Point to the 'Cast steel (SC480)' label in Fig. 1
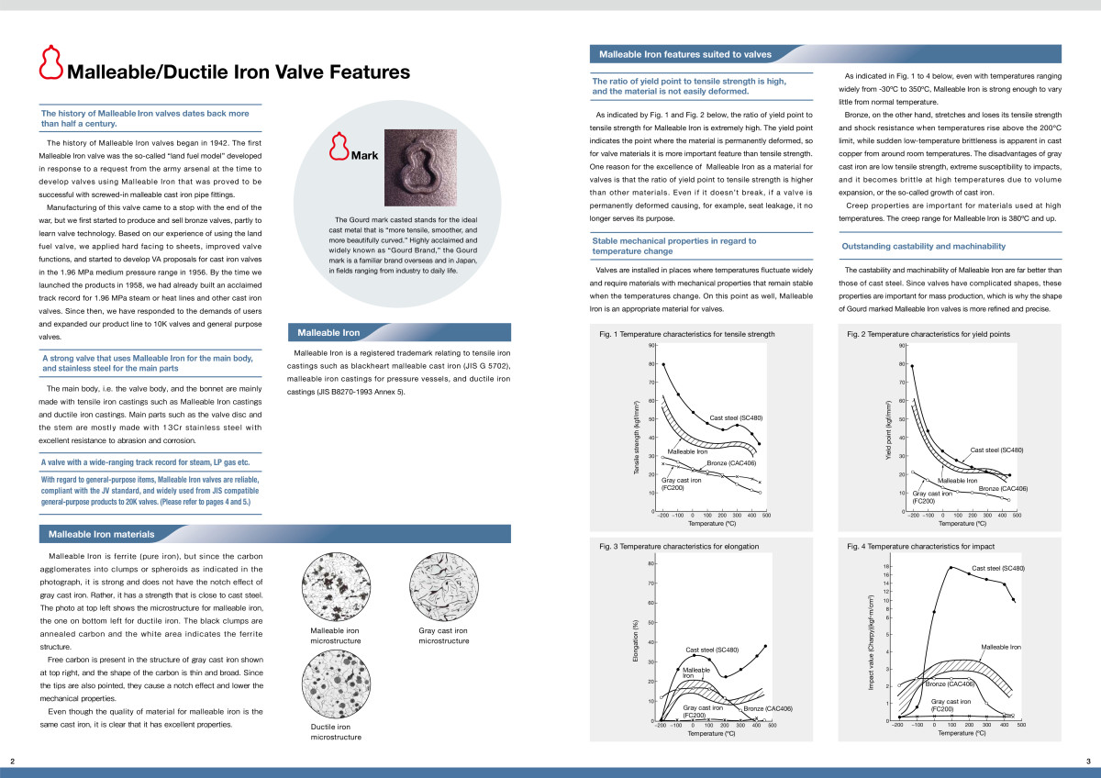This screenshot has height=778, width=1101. click(x=736, y=418)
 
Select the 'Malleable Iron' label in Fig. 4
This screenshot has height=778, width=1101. click(x=1001, y=647)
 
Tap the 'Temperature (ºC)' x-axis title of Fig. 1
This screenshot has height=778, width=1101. click(x=713, y=525)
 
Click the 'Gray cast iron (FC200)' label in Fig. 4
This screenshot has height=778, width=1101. click(x=951, y=706)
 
